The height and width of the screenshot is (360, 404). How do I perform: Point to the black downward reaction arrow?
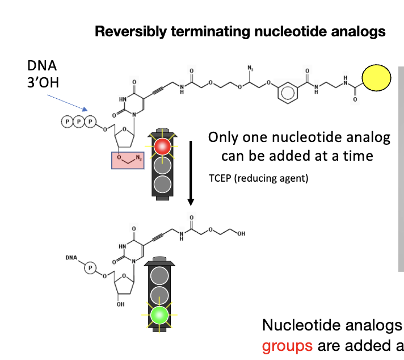191,170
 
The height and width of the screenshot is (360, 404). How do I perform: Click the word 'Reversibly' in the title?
124,31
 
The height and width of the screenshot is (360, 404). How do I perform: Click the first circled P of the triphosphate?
68,122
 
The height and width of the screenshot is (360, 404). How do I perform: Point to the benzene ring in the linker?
286,90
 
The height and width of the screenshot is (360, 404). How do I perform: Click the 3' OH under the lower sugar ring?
119,304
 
